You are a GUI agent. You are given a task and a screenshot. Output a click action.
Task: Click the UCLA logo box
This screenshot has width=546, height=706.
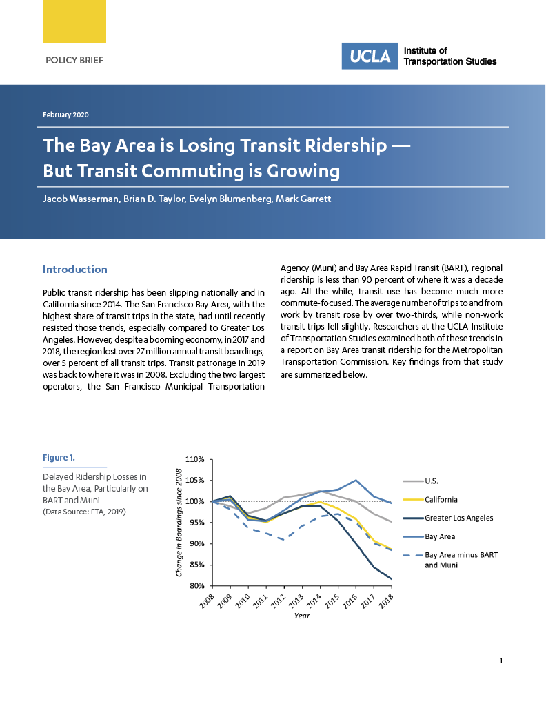click(370, 56)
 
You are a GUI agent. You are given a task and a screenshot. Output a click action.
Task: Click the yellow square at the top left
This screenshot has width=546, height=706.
click(74, 21)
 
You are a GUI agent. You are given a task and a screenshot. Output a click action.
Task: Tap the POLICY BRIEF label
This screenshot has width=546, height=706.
click(74, 61)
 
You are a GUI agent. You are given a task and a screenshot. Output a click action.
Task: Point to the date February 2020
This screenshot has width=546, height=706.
click(65, 114)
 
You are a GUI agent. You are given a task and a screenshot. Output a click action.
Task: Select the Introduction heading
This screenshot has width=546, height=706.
click(75, 270)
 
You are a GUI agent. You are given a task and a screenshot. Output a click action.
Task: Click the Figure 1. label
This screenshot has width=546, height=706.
click(59, 458)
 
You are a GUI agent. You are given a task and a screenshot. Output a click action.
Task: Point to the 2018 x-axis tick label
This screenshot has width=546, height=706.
click(386, 601)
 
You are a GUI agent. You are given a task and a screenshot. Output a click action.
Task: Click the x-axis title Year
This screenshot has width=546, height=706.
click(302, 616)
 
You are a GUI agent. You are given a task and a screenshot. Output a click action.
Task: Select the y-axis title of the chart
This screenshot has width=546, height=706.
click(179, 523)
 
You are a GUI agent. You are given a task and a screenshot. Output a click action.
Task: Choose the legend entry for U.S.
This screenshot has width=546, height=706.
click(432, 481)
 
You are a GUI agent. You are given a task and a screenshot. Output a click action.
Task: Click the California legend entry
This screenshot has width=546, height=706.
click(441, 499)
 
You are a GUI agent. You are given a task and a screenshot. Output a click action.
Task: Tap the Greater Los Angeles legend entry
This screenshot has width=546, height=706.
click(458, 518)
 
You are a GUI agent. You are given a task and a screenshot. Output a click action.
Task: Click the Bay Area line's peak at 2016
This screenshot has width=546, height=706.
click(356, 480)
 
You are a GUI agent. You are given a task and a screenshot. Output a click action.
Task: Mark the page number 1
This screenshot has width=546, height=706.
click(501, 661)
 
